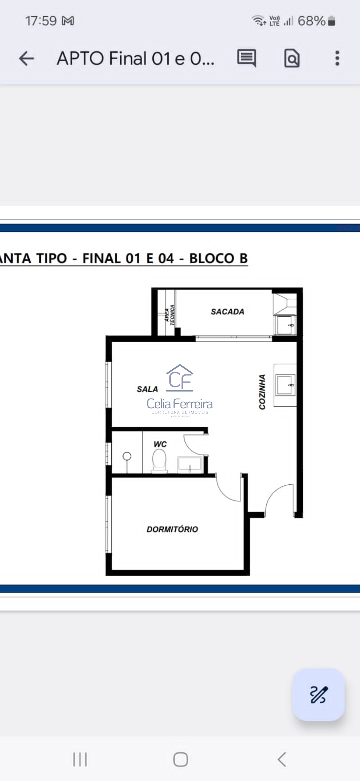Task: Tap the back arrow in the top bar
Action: click(x=26, y=58)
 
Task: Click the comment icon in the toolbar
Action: click(x=246, y=58)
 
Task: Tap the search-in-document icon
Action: click(x=292, y=58)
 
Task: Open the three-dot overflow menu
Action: click(x=337, y=58)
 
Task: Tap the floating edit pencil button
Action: click(x=318, y=695)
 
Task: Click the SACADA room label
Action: click(x=228, y=312)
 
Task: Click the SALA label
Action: click(x=147, y=389)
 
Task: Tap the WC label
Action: click(x=160, y=444)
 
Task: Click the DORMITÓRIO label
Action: click(x=172, y=529)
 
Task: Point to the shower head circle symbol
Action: click(x=127, y=456)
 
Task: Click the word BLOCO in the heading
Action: click(x=212, y=258)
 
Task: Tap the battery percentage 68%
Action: click(x=311, y=21)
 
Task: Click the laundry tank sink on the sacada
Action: click(x=285, y=325)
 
